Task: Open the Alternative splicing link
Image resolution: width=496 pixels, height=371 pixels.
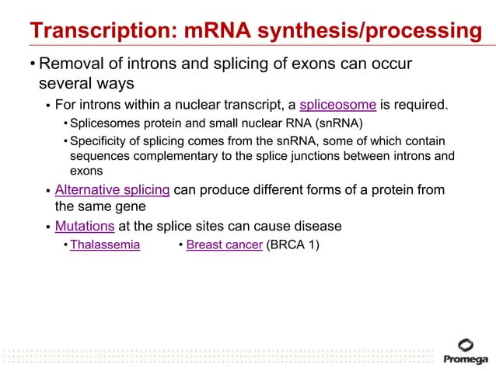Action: coord(112,191)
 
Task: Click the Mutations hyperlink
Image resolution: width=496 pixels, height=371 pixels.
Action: coord(85,227)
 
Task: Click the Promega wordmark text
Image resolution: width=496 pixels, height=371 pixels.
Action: coord(466,359)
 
